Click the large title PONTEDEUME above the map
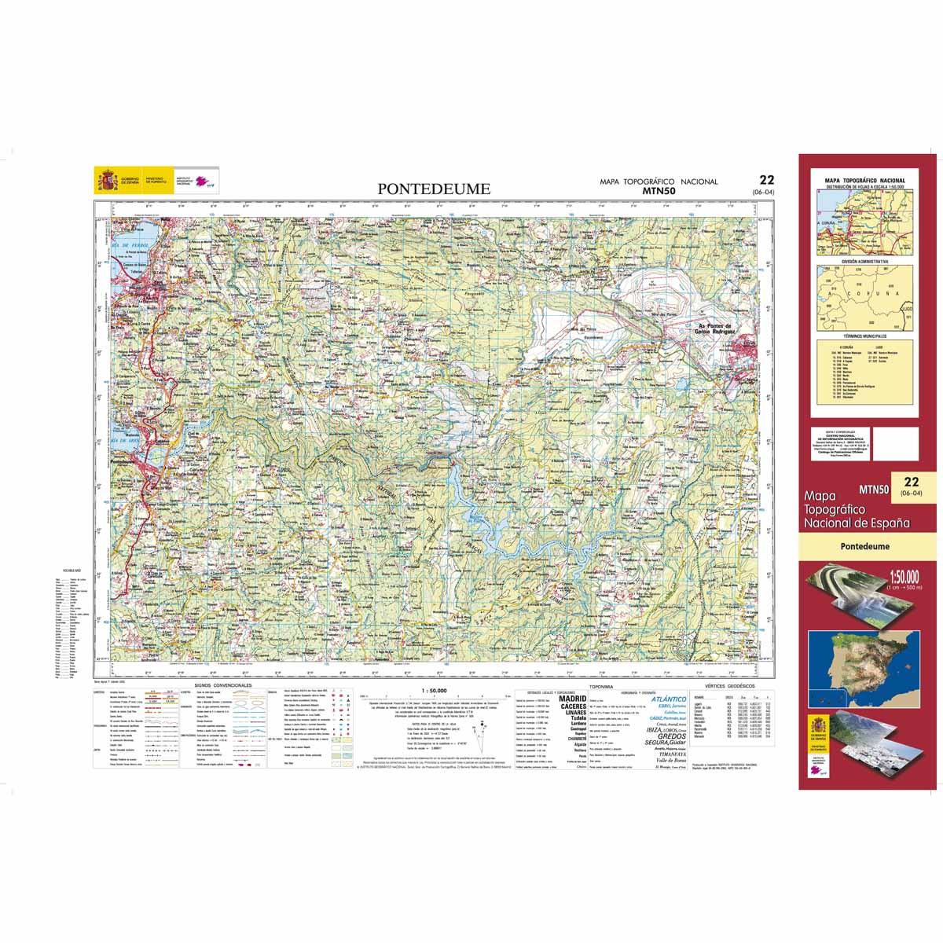coord(434,189)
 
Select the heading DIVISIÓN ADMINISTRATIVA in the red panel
coord(864,260)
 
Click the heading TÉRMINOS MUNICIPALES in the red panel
coord(864,335)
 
